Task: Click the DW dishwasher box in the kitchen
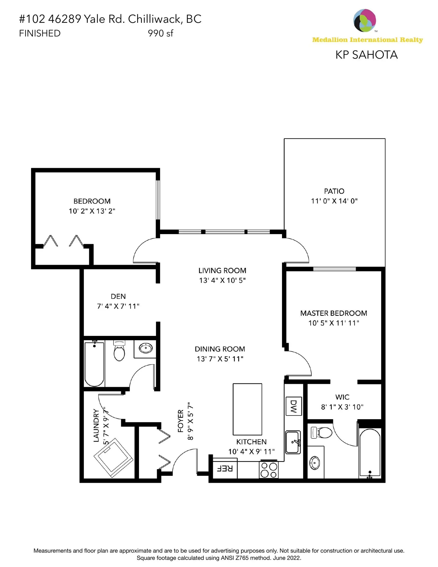pos(293,406)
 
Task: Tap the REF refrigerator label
pos(225,469)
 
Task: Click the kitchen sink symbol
pos(293,442)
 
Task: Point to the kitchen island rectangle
pos(247,409)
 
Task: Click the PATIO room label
pos(334,191)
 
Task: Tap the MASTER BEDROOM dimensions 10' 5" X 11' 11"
pos(334,323)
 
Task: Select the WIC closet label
pos(342,397)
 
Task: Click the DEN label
pos(118,296)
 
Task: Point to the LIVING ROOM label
pos(222,271)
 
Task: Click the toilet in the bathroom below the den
pos(120,351)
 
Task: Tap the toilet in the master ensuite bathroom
pos(322,433)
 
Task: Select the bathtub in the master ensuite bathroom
pos(370,453)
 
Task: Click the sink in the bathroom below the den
pos(146,348)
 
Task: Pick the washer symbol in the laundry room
pos(113,457)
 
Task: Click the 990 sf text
pos(160,33)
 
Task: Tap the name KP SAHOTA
pos(366,55)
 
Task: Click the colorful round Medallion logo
pos(364,21)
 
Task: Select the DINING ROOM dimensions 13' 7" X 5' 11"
pos(220,359)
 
